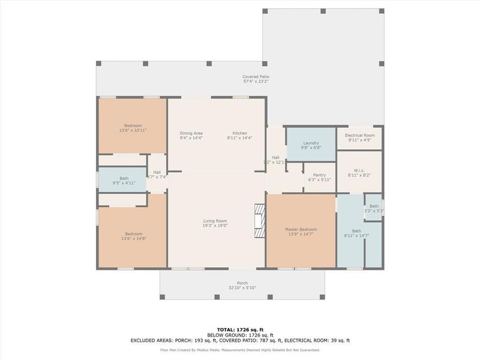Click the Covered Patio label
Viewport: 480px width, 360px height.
[x=256, y=77]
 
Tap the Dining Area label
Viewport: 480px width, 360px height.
[x=191, y=133]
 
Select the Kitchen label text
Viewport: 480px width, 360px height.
[x=240, y=133]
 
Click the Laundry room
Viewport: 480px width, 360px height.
[x=311, y=145]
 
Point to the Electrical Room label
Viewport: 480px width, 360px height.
[x=360, y=136]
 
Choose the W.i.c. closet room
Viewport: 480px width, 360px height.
[x=359, y=172]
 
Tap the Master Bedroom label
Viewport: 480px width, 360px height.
[x=301, y=229]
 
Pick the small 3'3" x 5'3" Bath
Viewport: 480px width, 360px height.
[x=374, y=208]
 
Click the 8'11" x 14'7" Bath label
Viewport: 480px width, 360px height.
[x=356, y=231]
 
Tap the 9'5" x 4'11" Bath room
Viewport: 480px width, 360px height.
[x=123, y=180]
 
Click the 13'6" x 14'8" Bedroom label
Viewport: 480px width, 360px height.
[x=133, y=234]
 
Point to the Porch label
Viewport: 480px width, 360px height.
[x=242, y=283]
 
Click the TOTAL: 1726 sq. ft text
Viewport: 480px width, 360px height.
[x=239, y=329]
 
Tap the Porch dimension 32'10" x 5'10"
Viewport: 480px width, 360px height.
[x=242, y=288]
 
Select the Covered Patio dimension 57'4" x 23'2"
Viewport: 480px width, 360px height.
[x=256, y=82]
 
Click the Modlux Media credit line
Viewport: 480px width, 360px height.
[x=239, y=350]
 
